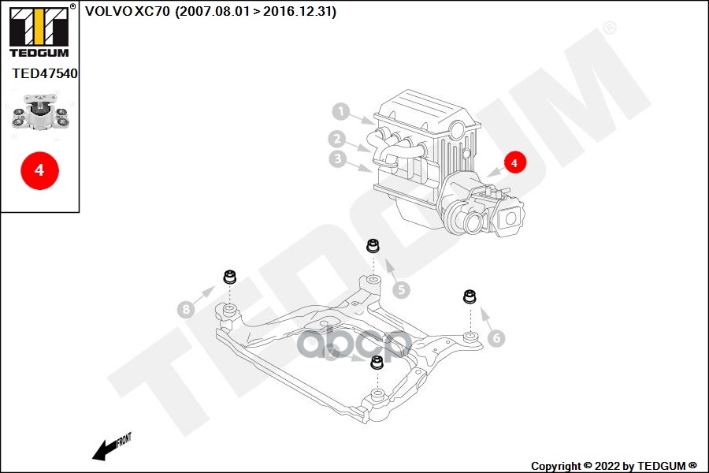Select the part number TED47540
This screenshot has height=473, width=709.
[45, 73]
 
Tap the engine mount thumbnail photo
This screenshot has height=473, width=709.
[40, 113]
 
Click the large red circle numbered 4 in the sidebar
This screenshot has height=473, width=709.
[40, 170]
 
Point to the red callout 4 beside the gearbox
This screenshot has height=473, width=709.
[514, 162]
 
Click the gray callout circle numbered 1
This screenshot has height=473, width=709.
[341, 111]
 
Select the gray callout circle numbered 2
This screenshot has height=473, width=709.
[337, 139]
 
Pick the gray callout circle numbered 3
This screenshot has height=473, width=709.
[338, 158]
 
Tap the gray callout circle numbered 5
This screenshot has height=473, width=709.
[401, 289]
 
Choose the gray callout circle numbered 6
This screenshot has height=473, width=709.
[496, 337]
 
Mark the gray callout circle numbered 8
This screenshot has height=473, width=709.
[186, 310]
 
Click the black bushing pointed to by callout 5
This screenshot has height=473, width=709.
[373, 246]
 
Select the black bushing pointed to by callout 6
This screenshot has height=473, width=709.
[470, 296]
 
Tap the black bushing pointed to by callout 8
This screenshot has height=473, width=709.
[230, 276]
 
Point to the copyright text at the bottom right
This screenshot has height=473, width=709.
[614, 466]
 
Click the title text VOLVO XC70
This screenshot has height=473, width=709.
[128, 11]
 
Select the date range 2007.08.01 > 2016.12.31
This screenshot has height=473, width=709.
[255, 11]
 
